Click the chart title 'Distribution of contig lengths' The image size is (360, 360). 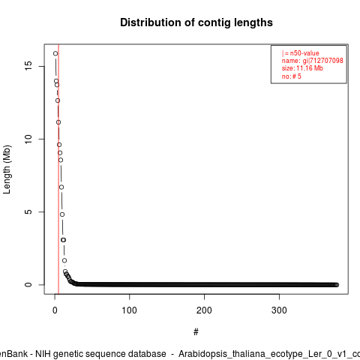click(x=196, y=22)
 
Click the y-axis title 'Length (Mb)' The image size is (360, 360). click(x=7, y=169)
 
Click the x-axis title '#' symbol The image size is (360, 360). click(x=196, y=331)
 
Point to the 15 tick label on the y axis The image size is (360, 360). click(x=28, y=66)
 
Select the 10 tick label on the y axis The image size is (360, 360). click(x=28, y=139)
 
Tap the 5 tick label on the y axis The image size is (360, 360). click(x=28, y=211)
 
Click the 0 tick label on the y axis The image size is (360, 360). click(x=28, y=284)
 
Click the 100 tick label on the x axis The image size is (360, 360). click(x=129, y=310)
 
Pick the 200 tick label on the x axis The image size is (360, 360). click(x=204, y=310)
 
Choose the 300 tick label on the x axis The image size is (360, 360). click(x=279, y=310)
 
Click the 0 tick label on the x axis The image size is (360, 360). click(x=55, y=310)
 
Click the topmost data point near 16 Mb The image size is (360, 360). click(x=55, y=53)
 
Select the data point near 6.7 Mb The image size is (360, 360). click(x=61, y=187)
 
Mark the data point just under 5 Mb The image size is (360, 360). click(x=62, y=214)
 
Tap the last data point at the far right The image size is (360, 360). click(x=337, y=285)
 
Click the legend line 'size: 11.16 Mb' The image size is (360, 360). click(x=302, y=68)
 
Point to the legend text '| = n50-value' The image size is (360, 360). click(x=301, y=53)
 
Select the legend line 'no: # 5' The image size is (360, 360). click(x=292, y=76)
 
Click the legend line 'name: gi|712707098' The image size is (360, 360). click(x=312, y=61)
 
